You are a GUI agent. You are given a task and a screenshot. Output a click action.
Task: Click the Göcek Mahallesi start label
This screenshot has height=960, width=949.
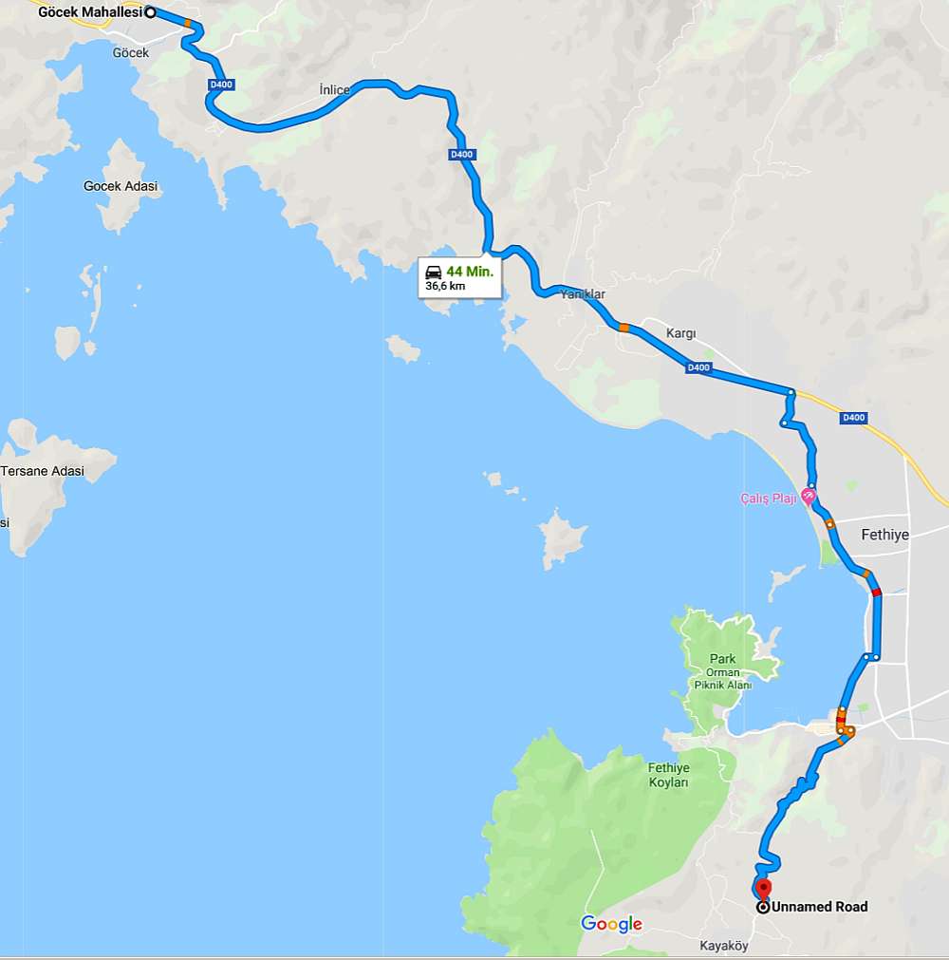tap(90, 12)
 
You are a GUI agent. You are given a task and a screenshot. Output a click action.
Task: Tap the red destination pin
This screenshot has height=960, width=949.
tap(763, 890)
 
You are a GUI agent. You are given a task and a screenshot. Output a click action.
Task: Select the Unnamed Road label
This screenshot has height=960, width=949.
tap(819, 907)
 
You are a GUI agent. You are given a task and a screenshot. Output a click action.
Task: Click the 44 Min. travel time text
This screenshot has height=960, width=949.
tap(470, 271)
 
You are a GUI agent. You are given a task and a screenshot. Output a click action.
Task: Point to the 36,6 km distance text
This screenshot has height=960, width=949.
tap(445, 286)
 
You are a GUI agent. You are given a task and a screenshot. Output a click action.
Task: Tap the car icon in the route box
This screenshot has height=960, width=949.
tap(434, 272)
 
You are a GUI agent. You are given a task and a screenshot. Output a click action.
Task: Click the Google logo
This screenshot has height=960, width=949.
tap(611, 924)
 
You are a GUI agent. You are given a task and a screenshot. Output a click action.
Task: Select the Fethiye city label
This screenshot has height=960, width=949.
tap(884, 535)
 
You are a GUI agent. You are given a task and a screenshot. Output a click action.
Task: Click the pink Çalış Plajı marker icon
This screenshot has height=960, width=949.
tap(809, 496)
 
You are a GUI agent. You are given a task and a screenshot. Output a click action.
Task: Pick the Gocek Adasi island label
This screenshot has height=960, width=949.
tap(121, 186)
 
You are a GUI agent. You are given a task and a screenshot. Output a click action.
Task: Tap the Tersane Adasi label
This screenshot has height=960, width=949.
tap(43, 471)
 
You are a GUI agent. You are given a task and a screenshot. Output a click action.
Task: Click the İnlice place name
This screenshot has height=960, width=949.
tap(334, 89)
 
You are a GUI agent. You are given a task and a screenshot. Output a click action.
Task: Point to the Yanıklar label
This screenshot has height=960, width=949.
tap(583, 294)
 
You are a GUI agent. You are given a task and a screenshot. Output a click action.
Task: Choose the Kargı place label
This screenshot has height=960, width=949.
tap(680, 333)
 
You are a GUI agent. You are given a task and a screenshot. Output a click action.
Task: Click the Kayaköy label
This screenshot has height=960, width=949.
tap(724, 946)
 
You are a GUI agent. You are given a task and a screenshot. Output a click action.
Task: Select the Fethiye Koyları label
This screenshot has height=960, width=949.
tap(668, 775)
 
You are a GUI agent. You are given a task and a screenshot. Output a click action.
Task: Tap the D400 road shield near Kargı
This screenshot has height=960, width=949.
tap(698, 367)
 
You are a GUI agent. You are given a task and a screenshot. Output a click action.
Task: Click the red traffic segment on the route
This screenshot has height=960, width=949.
tap(876, 592)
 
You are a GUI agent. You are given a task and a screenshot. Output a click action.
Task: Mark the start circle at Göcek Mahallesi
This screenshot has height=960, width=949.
tap(150, 12)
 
